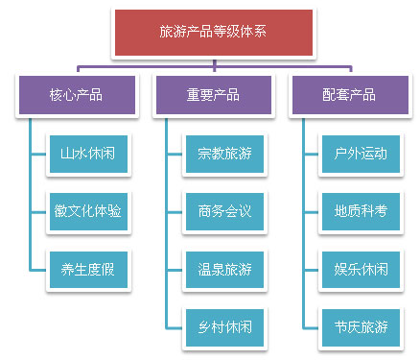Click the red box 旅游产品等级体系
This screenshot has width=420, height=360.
pos(213,32)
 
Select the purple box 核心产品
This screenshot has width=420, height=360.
pos(76,95)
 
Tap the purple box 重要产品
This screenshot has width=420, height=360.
pos(212,95)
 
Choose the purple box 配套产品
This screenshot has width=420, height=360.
pos(348,95)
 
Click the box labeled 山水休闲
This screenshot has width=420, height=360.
pos(88,153)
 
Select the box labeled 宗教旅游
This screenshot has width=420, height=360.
pos(224,153)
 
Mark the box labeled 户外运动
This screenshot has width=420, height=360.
pos(361,153)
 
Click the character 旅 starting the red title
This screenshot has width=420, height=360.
pos(165,32)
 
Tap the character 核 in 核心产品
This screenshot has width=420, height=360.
pos(56,95)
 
